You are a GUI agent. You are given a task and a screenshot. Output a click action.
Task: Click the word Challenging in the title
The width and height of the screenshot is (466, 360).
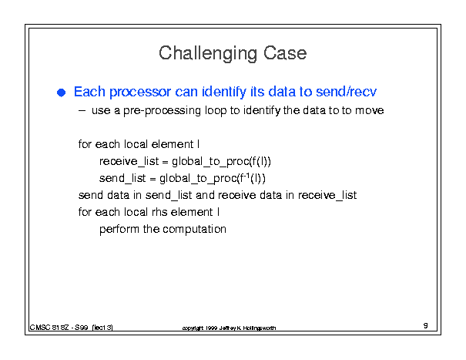tap(208, 53)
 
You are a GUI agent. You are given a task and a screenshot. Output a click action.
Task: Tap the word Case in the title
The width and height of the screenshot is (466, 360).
tap(285, 53)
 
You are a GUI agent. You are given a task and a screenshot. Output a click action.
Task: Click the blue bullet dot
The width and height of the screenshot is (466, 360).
tap(61, 93)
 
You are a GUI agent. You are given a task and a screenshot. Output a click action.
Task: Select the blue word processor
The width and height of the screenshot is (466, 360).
tap(140, 92)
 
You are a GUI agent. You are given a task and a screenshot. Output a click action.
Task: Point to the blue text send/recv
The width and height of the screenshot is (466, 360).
tap(347, 91)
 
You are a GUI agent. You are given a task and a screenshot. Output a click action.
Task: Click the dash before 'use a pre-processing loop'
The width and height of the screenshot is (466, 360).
tap(82, 111)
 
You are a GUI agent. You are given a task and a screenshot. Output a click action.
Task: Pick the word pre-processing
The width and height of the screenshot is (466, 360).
tap(163, 111)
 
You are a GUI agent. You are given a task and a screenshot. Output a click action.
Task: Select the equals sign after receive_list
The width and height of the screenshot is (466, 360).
tap(166, 162)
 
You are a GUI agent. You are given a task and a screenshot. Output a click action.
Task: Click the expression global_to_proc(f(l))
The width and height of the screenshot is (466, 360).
tap(221, 162)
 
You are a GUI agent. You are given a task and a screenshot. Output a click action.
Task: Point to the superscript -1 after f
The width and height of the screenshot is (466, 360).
tap(246, 175)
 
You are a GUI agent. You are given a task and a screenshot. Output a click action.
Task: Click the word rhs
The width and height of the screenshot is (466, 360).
tap(159, 212)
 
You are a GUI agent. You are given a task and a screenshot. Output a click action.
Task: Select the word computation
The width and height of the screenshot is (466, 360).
tap(194, 230)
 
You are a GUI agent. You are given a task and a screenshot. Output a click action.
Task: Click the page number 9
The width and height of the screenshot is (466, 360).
tap(426, 325)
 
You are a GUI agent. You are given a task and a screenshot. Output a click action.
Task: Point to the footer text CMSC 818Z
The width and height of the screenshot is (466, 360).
tap(49, 328)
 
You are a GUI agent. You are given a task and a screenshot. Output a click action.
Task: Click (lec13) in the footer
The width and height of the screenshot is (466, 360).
tap(102, 328)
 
